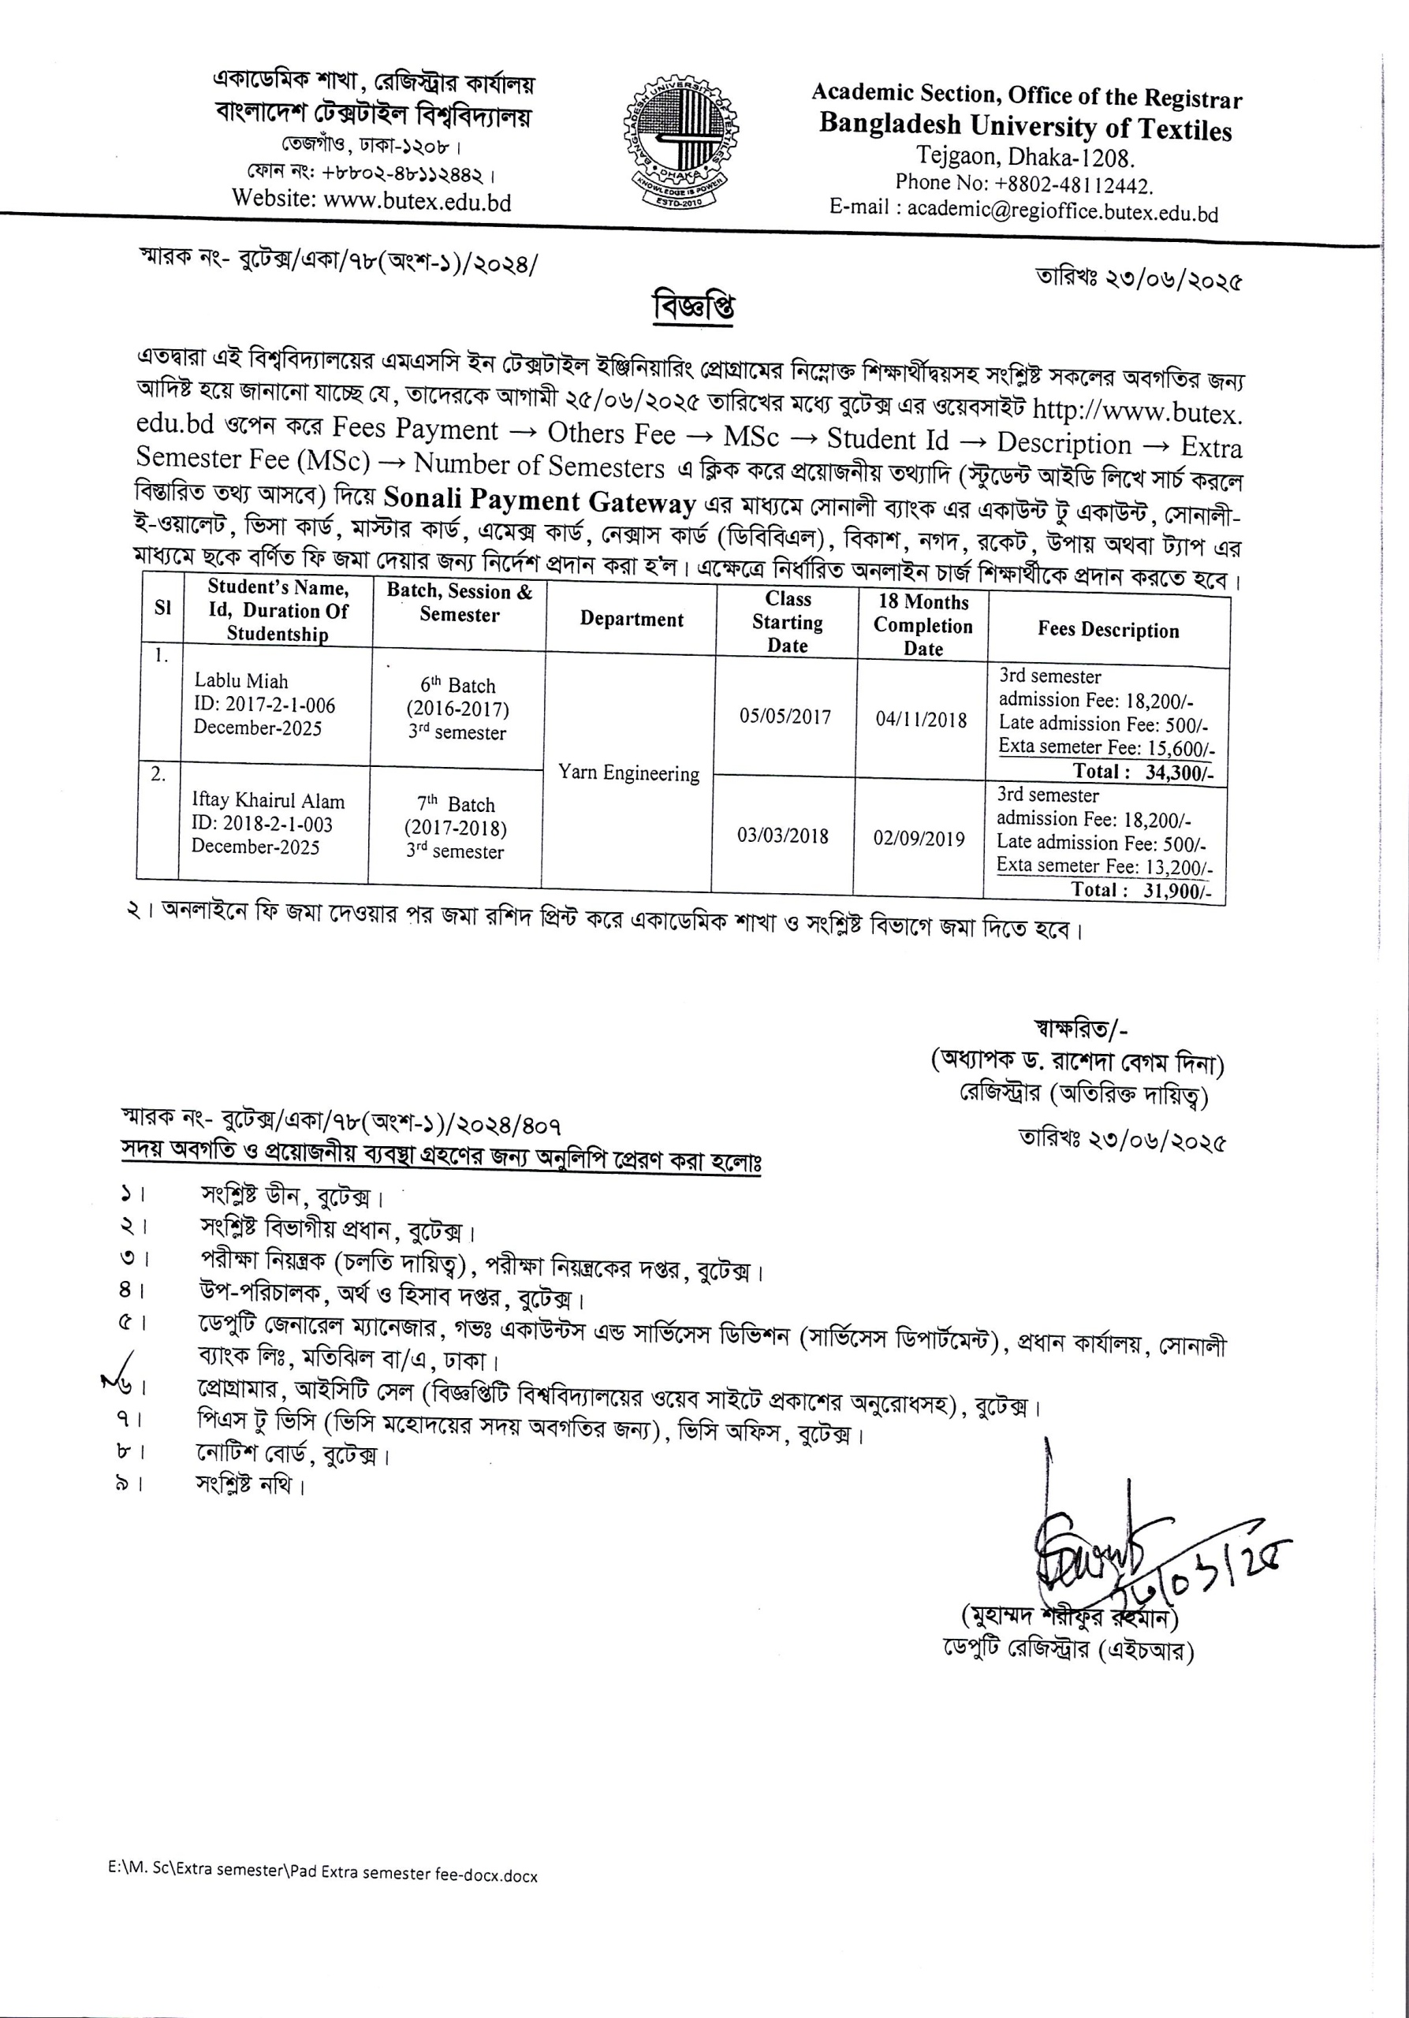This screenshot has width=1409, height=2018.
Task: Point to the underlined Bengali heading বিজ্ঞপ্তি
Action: (x=694, y=307)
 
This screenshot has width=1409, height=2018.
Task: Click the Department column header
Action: (x=631, y=620)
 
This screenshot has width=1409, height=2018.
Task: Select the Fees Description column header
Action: (x=1108, y=629)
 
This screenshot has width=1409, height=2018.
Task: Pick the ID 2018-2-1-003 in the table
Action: (x=262, y=824)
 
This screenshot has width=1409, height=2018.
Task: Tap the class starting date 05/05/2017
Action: (x=785, y=717)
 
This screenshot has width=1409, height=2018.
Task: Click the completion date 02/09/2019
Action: (x=919, y=838)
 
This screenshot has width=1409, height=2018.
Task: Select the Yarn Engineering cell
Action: (x=628, y=773)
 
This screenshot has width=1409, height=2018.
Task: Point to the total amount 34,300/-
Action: (x=1179, y=773)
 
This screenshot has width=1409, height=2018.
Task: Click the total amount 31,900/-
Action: (x=1177, y=889)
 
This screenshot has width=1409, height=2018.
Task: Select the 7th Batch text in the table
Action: (x=455, y=803)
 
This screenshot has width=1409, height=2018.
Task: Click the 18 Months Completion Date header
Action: (x=923, y=625)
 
